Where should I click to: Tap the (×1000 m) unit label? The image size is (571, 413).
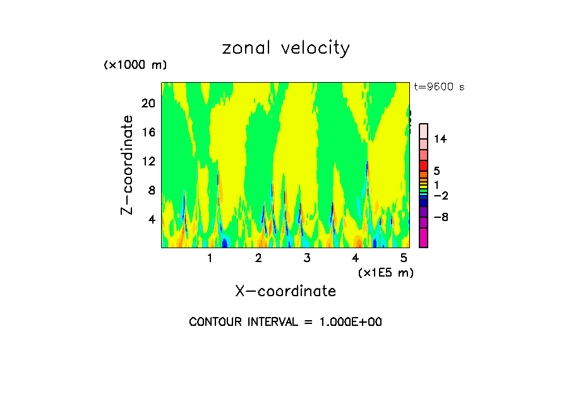pyautogui.click(x=135, y=65)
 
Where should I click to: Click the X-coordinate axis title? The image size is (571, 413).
pyautogui.click(x=285, y=291)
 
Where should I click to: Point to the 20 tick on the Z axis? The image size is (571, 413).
pyautogui.click(x=148, y=104)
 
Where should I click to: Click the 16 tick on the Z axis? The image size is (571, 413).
pyautogui.click(x=148, y=133)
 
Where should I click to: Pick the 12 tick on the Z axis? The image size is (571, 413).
pyautogui.click(x=148, y=162)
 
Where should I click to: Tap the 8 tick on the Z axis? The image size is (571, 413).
pyautogui.click(x=151, y=191)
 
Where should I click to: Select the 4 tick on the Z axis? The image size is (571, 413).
pyautogui.click(x=151, y=220)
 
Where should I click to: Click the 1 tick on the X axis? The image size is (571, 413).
pyautogui.click(x=210, y=258)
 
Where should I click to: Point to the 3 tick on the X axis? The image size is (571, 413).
pyautogui.click(x=307, y=258)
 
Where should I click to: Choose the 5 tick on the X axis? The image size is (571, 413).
pyautogui.click(x=404, y=258)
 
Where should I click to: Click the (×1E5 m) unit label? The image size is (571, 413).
pyautogui.click(x=385, y=272)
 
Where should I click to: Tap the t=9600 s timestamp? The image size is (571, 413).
pyautogui.click(x=439, y=87)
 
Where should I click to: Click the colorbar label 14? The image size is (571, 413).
pyautogui.click(x=440, y=140)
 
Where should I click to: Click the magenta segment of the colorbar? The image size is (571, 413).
pyautogui.click(x=423, y=238)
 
